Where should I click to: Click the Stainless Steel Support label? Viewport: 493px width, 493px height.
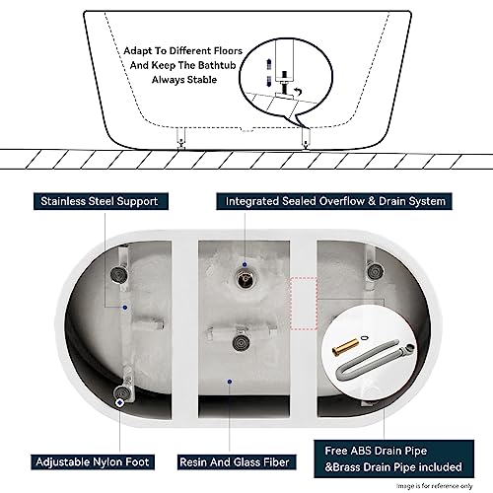click(x=101, y=201)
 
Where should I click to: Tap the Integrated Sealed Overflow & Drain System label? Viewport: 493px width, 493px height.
click(x=334, y=201)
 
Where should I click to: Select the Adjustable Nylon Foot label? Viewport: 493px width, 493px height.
click(x=93, y=462)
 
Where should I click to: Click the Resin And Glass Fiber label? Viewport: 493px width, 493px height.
click(x=235, y=462)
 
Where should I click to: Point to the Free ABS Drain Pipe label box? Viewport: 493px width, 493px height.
click(x=393, y=458)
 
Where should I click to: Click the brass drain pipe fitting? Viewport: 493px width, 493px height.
click(x=343, y=347)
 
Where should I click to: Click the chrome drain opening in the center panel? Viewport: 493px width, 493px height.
click(x=245, y=279)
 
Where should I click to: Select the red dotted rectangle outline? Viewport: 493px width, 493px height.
click(x=304, y=304)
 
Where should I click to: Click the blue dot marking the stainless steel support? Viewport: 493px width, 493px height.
click(x=125, y=308)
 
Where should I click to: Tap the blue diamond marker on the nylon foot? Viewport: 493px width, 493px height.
click(x=120, y=402)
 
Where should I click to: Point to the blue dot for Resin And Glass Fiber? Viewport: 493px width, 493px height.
click(x=230, y=382)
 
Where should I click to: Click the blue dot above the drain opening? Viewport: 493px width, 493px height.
click(x=245, y=264)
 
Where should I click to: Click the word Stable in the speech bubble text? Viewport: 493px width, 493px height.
click(x=202, y=80)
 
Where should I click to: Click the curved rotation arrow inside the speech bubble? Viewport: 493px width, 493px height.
click(x=298, y=92)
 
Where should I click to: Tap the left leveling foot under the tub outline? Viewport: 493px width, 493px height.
click(x=181, y=138)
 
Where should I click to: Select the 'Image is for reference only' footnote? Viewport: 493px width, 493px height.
click(x=435, y=486)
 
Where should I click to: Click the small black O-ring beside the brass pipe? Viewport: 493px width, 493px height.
click(x=363, y=337)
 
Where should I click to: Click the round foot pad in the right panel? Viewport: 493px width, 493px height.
click(x=374, y=271)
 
